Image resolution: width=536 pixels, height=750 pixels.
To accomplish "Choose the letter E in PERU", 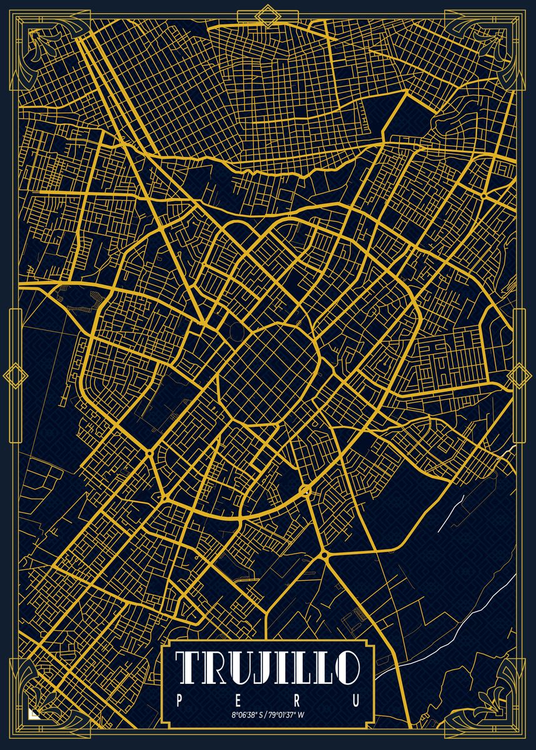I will (x=238, y=701).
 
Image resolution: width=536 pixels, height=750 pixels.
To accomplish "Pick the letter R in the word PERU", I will (x=297, y=701).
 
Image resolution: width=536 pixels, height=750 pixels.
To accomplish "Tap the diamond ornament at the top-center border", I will (x=268, y=16).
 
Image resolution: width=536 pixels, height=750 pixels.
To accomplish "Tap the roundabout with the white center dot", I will (x=306, y=489).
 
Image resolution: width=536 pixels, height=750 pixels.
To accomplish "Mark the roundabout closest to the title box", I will (x=324, y=554).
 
